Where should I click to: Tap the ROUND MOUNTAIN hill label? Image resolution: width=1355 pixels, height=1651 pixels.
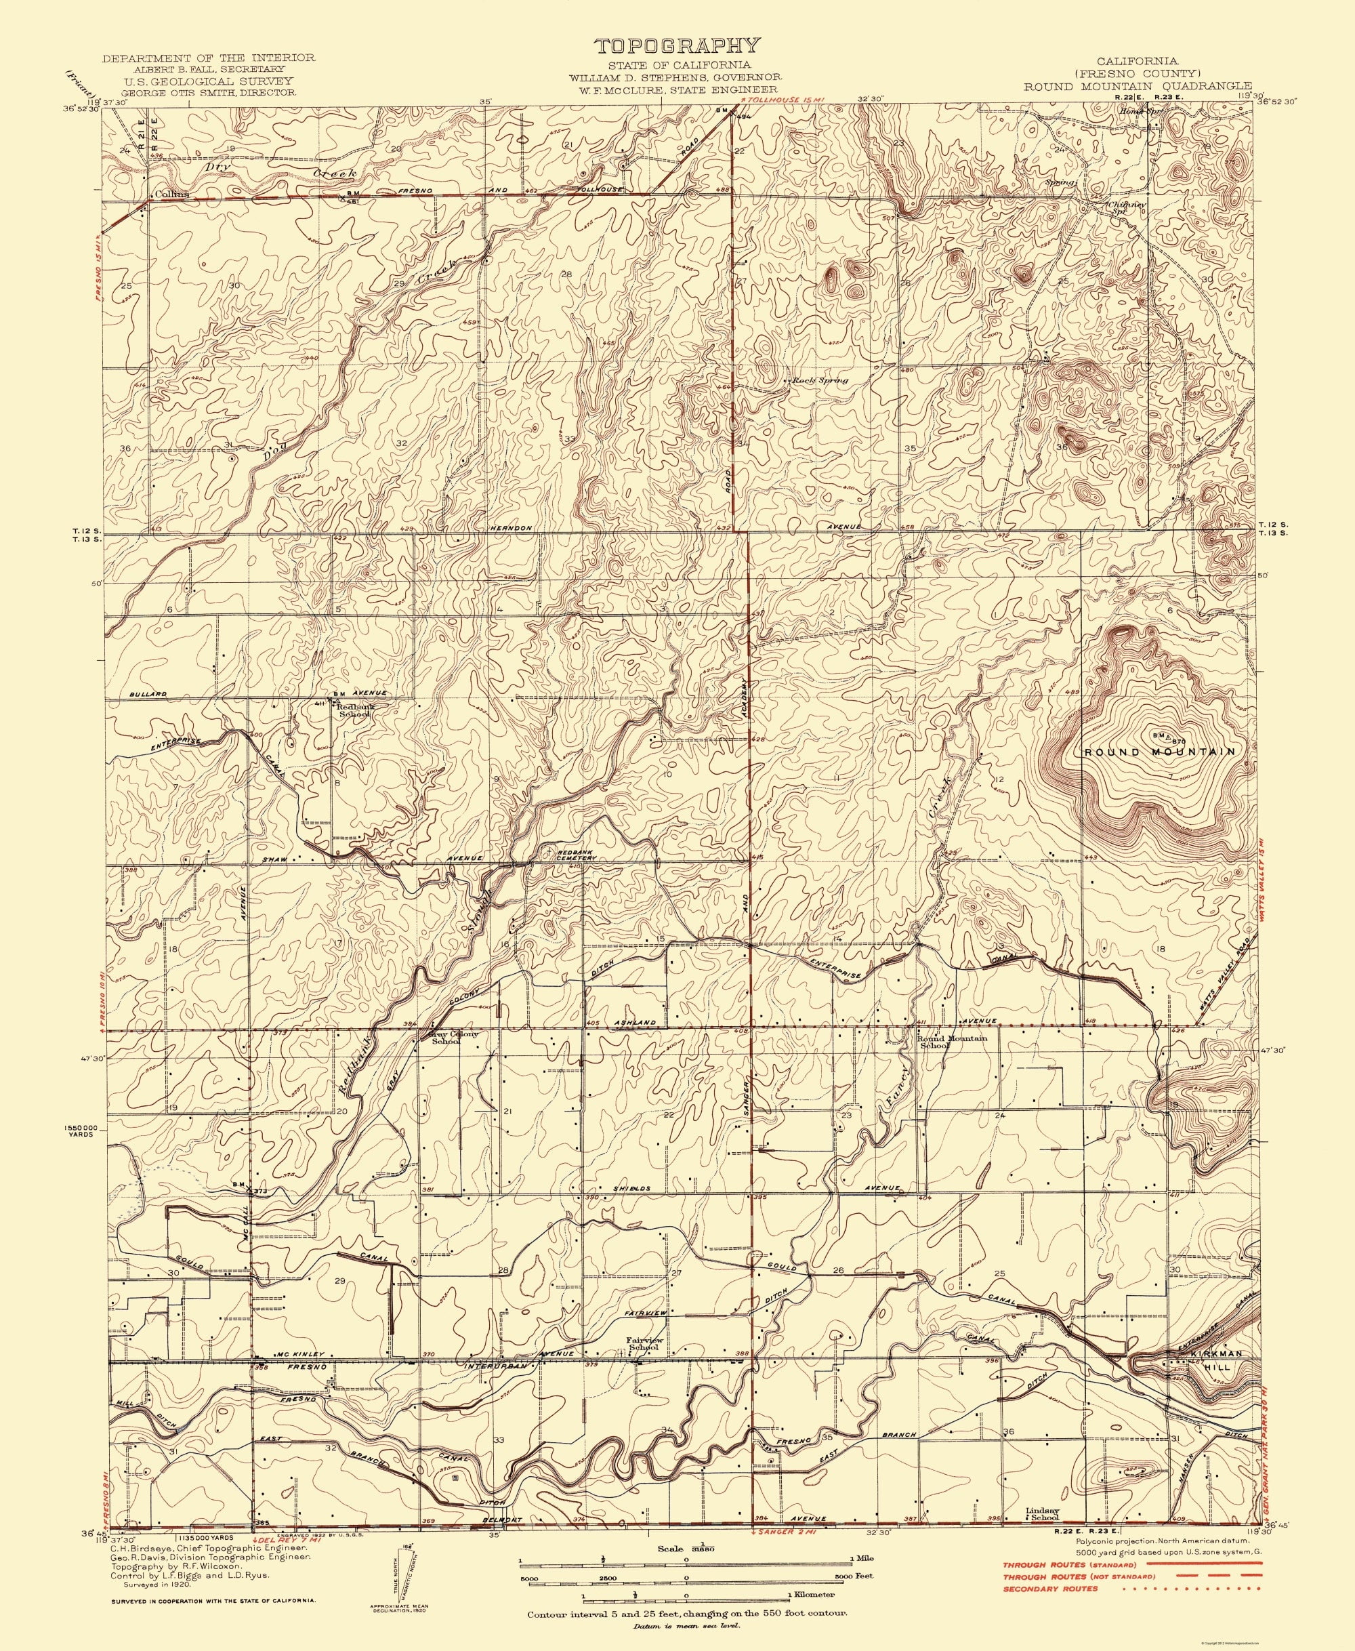click(1160, 752)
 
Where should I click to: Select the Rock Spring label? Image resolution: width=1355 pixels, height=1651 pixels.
click(820, 381)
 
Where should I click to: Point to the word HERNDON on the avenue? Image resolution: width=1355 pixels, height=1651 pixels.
click(512, 529)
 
